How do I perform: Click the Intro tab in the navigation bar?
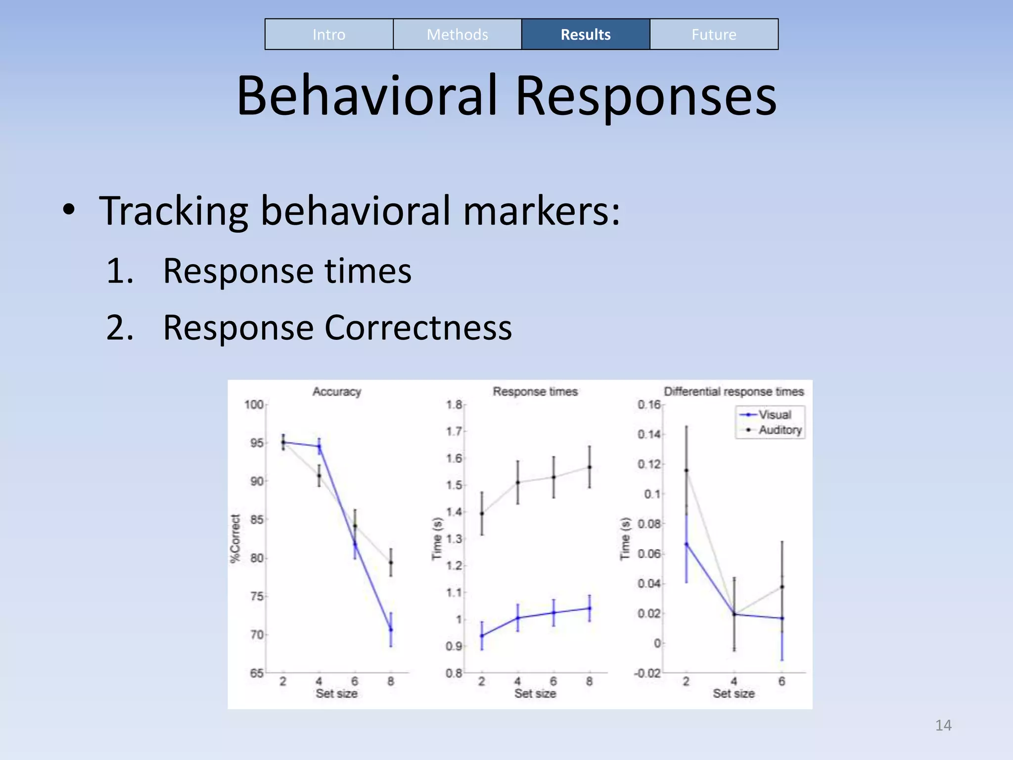(329, 35)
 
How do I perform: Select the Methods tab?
(457, 35)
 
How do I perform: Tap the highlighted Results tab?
(585, 35)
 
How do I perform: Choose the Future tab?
(713, 35)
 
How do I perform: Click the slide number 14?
(943, 725)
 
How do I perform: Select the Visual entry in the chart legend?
(775, 415)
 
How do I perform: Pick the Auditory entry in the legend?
(780, 430)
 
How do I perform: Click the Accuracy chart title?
(336, 391)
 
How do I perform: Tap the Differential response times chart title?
(734, 391)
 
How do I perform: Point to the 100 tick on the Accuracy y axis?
(254, 404)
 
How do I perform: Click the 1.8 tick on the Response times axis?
(454, 404)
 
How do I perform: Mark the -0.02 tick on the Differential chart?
(647, 673)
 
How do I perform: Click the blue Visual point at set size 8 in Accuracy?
(391, 630)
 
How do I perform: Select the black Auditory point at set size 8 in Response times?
(589, 467)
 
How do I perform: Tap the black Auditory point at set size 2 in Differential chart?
(686, 471)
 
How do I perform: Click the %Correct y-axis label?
(235, 538)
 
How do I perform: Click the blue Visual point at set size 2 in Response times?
(482, 636)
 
